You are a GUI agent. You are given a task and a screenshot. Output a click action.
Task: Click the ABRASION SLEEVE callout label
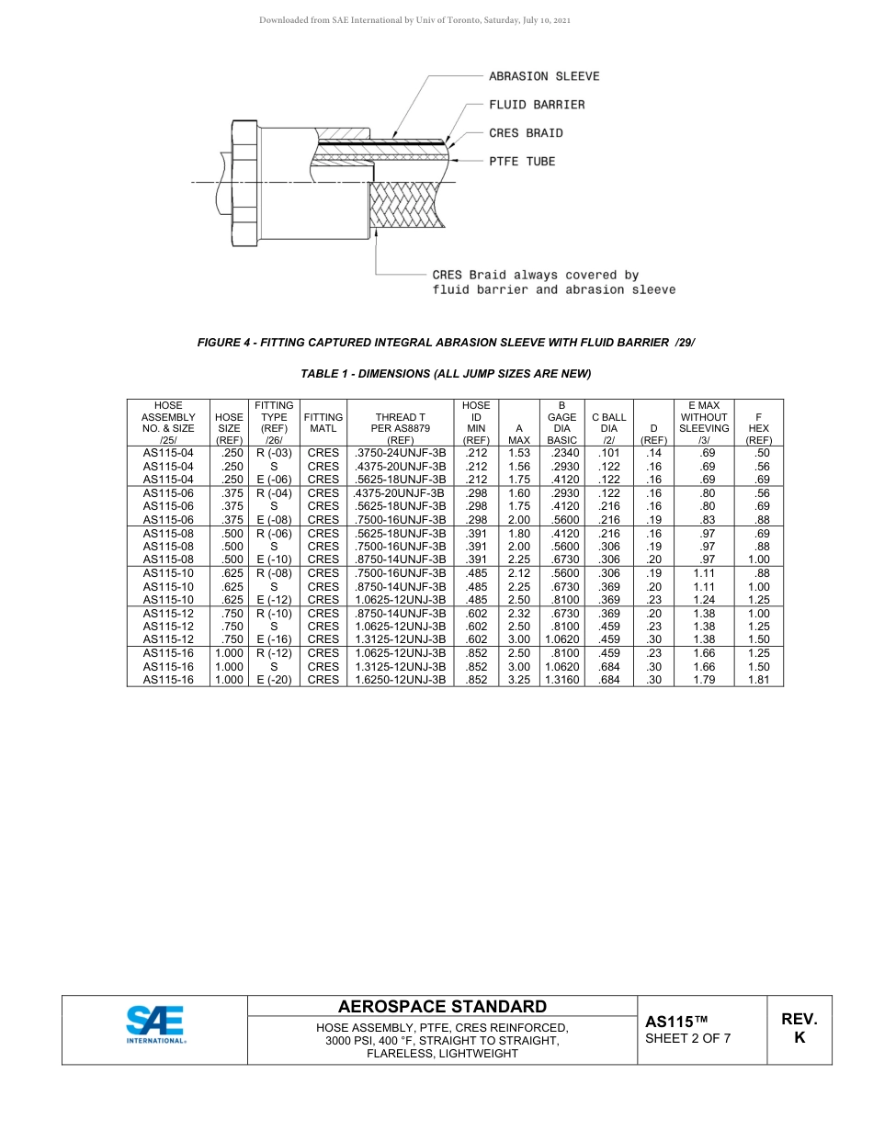click(543, 76)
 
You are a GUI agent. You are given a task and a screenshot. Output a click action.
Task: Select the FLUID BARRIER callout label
click(536, 105)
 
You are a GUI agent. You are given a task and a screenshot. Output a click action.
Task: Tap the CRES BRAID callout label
click(526, 133)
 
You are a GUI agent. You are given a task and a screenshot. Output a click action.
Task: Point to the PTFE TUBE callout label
click(522, 162)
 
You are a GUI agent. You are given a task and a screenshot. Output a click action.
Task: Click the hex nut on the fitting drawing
click(244, 183)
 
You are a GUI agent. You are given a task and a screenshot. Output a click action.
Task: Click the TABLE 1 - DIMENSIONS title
click(446, 374)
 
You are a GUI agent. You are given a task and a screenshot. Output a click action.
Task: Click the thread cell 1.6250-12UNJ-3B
click(401, 680)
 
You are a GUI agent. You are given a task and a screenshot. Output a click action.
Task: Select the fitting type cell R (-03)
click(274, 452)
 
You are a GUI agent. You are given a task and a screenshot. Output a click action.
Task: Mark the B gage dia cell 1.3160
click(561, 680)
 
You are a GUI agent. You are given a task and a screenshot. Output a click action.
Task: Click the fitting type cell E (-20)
click(274, 680)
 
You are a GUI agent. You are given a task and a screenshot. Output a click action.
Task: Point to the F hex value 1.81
click(758, 680)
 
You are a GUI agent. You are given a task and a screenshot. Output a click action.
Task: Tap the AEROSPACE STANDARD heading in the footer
click(443, 1007)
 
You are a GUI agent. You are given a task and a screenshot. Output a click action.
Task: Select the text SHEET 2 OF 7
click(688, 1039)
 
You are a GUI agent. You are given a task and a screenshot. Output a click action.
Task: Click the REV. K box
click(799, 1029)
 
